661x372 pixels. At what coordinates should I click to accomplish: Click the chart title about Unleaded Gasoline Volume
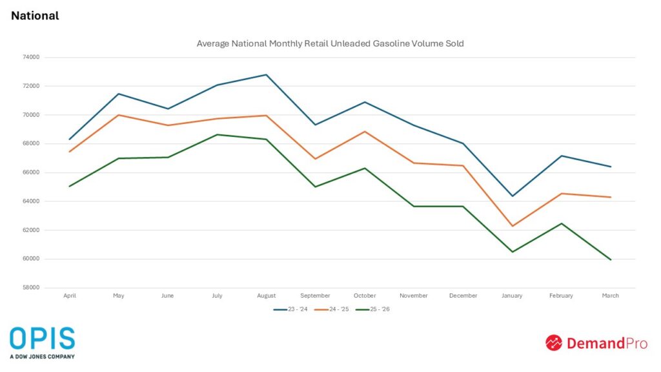[x=330, y=44]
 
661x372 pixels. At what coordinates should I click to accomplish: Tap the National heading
[x=35, y=15]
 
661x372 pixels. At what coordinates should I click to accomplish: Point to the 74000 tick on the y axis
[x=31, y=57]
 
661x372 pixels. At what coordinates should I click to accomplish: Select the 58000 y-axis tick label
[x=31, y=288]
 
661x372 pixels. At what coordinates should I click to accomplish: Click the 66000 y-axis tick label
[x=31, y=172]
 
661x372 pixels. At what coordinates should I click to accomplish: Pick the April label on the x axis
[x=70, y=296]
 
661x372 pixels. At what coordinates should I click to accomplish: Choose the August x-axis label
[x=267, y=296]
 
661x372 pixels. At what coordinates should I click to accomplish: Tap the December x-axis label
[x=463, y=296]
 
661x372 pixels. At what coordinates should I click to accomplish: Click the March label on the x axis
[x=610, y=296]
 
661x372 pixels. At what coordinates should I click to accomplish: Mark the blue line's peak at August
[x=267, y=75]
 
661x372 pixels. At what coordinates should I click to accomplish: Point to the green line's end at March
[x=610, y=260]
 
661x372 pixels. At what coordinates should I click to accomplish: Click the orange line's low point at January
[x=512, y=226]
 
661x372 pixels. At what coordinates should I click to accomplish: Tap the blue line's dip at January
[x=512, y=196]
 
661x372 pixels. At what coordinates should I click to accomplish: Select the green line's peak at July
[x=218, y=134]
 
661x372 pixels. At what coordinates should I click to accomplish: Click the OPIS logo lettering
[x=42, y=339]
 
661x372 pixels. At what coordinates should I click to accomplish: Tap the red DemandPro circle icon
[x=554, y=342]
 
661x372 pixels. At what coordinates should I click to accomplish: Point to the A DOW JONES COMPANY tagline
[x=42, y=356]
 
